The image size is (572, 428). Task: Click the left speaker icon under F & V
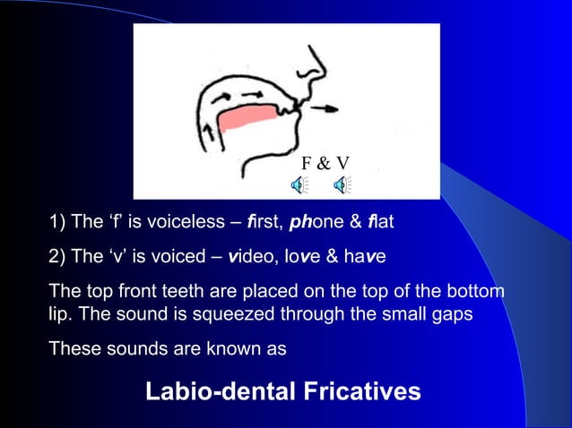(298, 185)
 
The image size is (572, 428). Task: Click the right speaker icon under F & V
(342, 185)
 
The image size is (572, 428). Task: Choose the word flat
(377, 221)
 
